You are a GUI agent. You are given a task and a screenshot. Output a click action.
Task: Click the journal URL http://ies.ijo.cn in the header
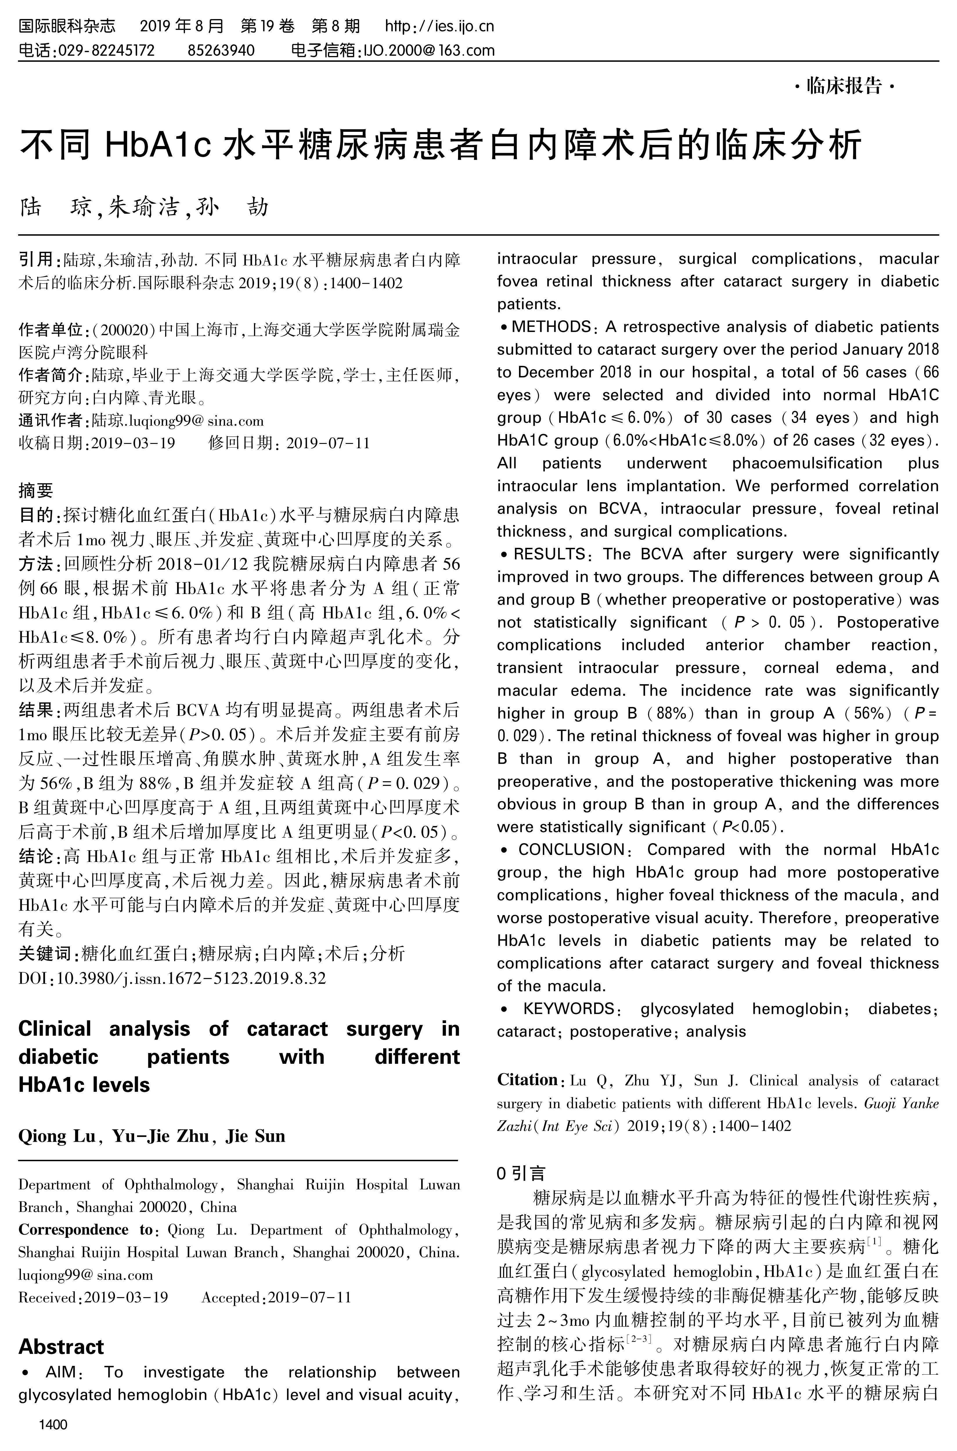439,26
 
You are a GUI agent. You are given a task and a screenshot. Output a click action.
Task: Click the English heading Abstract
61,1346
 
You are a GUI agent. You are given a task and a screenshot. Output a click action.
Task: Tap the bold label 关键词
44,953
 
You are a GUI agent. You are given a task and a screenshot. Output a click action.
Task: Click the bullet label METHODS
551,327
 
